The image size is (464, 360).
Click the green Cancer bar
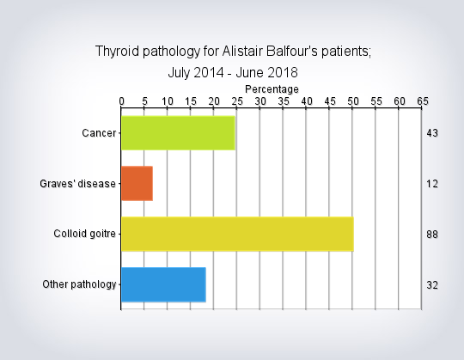pyautogui.click(x=178, y=133)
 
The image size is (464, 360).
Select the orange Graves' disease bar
pyautogui.click(x=137, y=183)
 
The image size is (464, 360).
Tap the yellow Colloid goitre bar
pyautogui.click(x=238, y=234)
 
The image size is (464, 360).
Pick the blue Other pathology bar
pyautogui.click(x=163, y=284)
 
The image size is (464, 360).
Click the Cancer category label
pyautogui.click(x=99, y=133)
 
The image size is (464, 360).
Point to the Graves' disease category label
pyautogui.click(x=78, y=184)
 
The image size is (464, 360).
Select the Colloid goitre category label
pyautogui.click(x=84, y=234)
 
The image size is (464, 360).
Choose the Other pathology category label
pyautogui.click(x=79, y=284)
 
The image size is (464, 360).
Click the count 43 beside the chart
pyautogui.click(x=432, y=133)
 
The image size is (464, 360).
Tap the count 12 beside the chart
pyautogui.click(x=432, y=184)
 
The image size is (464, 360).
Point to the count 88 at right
pyautogui.click(x=432, y=235)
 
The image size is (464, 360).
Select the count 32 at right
pyautogui.click(x=432, y=285)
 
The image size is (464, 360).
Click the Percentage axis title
pyautogui.click(x=272, y=89)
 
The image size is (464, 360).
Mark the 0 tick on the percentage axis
pyautogui.click(x=122, y=101)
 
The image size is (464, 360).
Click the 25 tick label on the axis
pyautogui.click(x=237, y=101)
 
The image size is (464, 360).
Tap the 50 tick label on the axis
pyautogui.click(x=353, y=101)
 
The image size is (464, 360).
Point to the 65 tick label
pyautogui.click(x=423, y=101)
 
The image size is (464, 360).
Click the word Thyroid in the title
pyautogui.click(x=117, y=52)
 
